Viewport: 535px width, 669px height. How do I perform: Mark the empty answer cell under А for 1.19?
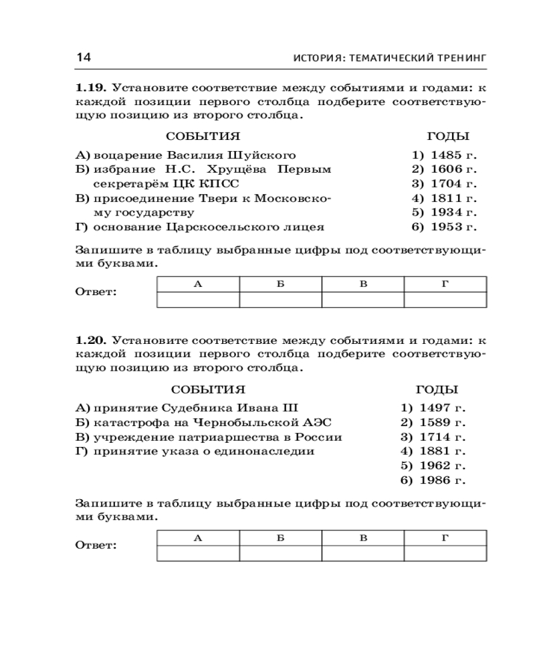point(197,299)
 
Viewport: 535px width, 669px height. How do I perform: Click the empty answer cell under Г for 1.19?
point(445,299)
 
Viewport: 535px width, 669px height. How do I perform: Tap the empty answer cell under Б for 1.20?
point(280,553)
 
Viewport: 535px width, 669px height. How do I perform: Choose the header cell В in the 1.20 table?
point(362,538)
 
